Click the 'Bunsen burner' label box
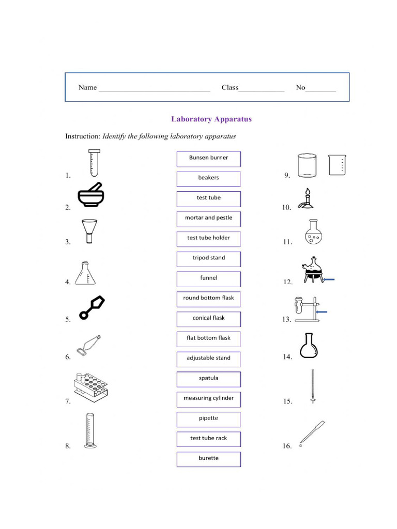pos(208,158)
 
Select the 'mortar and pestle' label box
pos(208,218)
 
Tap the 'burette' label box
pos(208,458)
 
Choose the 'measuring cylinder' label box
pos(208,398)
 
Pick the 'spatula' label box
pos(208,378)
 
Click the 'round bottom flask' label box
pos(208,298)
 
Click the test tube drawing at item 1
pos(93,163)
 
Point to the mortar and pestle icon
pos(93,195)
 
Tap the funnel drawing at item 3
pos(89,230)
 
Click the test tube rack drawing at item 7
pos(90,385)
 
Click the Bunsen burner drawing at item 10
pos(307,199)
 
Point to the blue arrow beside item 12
pos(328,279)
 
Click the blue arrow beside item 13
pos(321,312)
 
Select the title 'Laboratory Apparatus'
pos(211,119)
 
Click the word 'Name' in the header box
pos(87,87)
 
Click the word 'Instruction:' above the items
pos(83,136)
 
